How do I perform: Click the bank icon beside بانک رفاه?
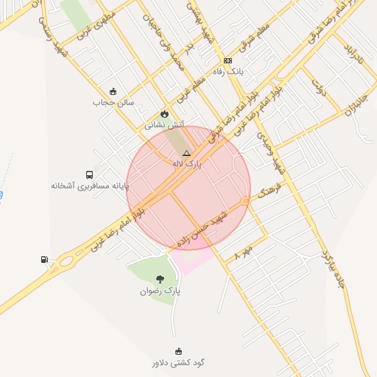[x=228, y=60]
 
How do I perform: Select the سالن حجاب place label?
[x=113, y=102]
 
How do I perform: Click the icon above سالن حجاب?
[x=113, y=91]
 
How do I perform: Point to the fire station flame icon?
[x=165, y=114]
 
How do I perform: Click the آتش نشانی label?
[x=165, y=125]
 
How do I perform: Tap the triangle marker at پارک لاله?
[x=186, y=152]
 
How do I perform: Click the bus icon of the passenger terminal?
[x=89, y=175]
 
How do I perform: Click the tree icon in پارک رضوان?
[x=161, y=279]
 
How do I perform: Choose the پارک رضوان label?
[x=161, y=291]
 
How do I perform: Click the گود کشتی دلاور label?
[x=177, y=362]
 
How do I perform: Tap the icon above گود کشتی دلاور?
[x=177, y=351]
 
